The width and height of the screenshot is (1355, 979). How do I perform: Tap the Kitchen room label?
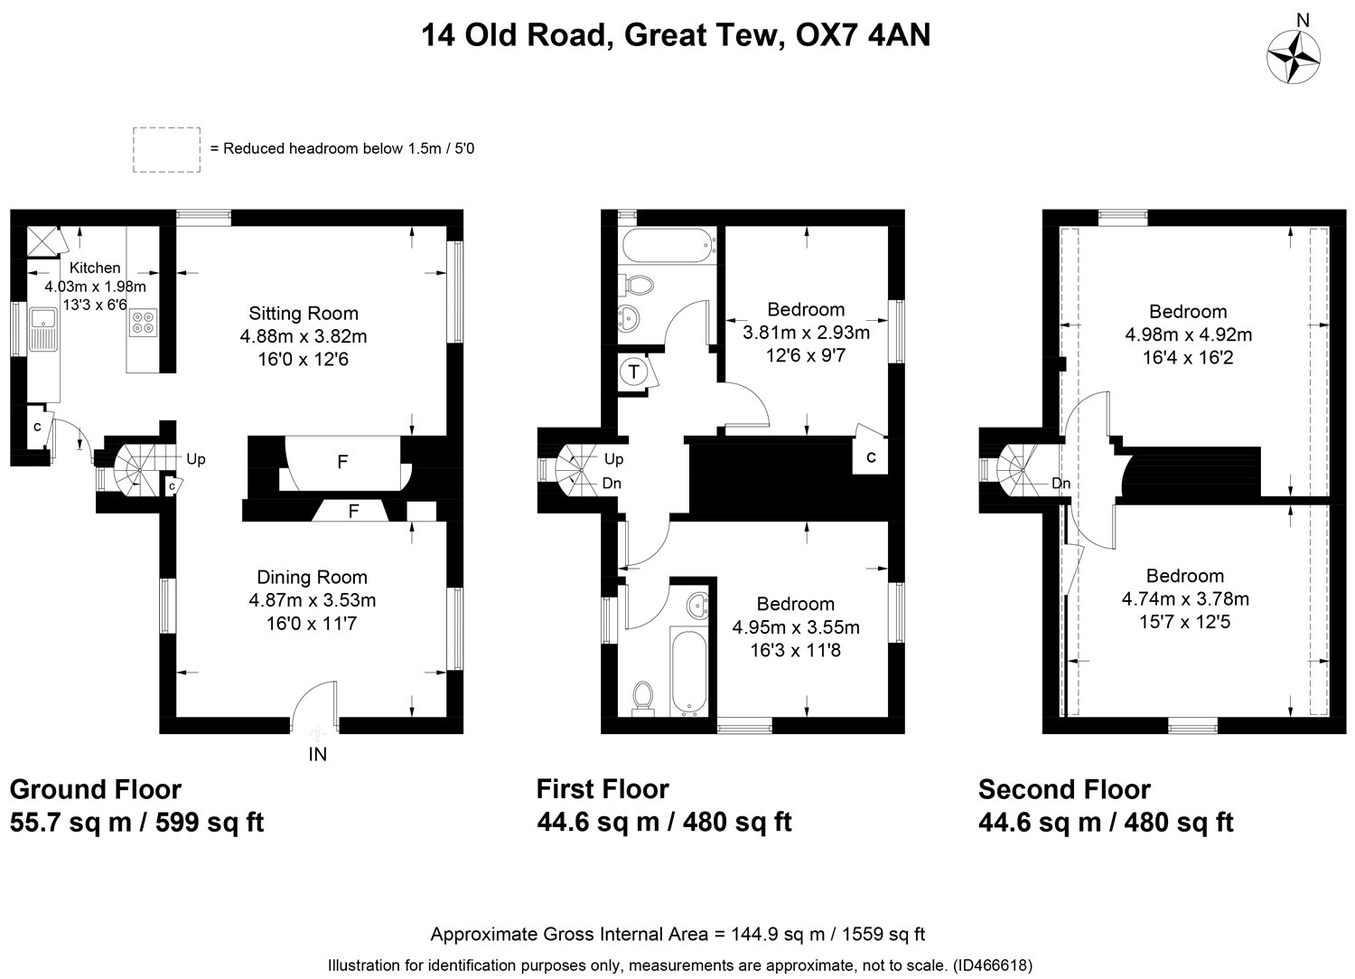95,268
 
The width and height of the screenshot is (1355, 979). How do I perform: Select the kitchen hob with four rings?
144,322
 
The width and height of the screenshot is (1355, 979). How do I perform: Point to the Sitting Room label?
304,313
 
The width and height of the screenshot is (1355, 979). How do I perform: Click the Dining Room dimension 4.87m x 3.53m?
313,600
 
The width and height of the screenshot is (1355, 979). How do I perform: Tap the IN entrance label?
318,755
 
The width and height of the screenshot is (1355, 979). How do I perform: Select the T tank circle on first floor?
633,372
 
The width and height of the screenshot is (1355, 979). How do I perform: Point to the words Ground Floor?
96,789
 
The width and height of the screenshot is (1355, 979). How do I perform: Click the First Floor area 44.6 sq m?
598,823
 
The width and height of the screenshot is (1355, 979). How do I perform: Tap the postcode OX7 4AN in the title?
864,35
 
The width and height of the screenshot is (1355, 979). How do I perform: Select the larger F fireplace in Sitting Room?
342,462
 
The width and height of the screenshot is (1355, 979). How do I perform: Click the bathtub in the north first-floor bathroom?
668,245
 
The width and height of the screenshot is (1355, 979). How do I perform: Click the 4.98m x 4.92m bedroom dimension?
1188,334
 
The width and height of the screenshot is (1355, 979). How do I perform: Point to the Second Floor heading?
1064,789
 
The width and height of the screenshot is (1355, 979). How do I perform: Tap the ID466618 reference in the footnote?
992,965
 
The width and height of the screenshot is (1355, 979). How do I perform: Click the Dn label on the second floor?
1061,483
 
